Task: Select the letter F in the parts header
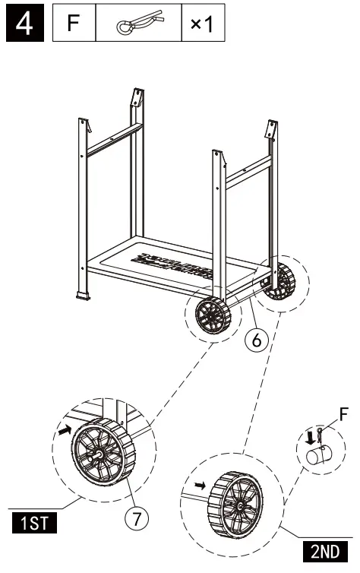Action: (74, 25)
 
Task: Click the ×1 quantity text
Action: (201, 25)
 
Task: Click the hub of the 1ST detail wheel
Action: (99, 452)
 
